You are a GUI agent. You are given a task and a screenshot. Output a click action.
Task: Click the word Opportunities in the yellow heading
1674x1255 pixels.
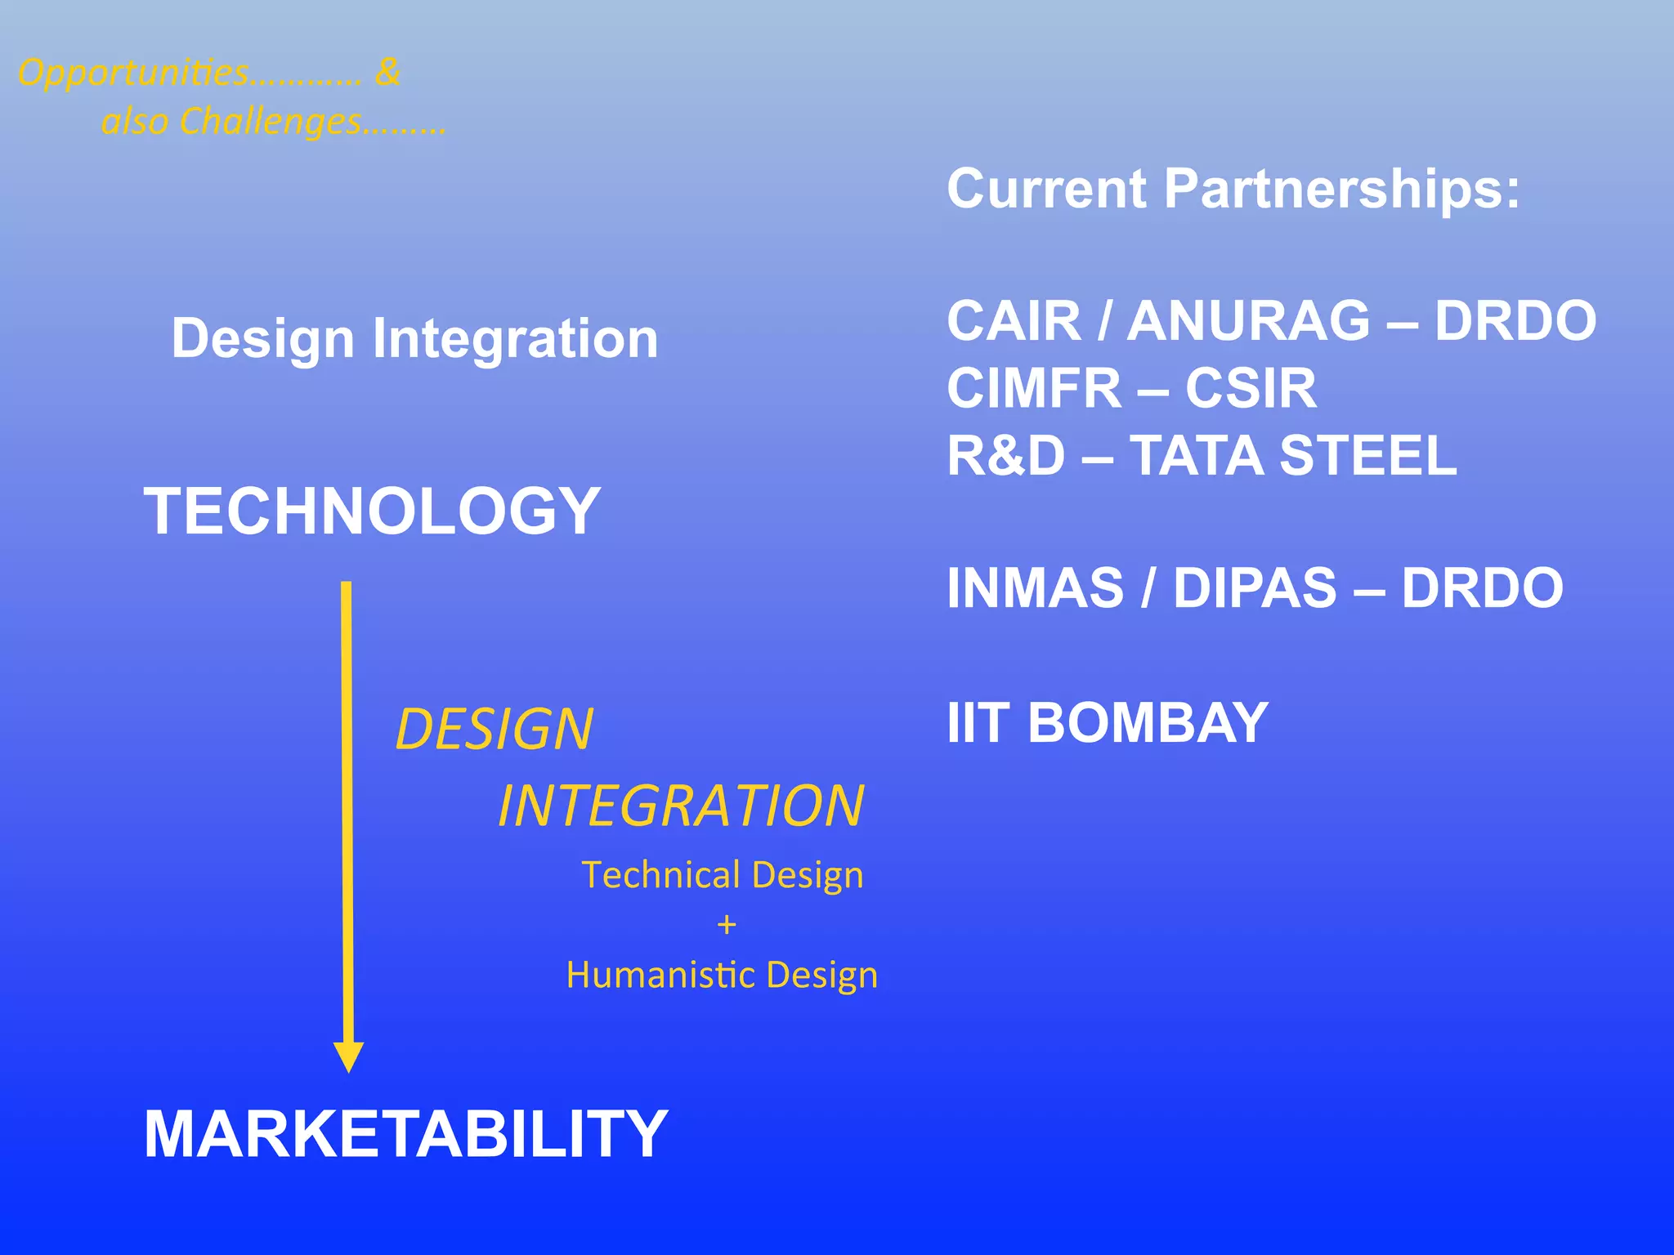133,74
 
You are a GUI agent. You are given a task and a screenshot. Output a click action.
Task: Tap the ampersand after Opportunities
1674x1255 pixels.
387,72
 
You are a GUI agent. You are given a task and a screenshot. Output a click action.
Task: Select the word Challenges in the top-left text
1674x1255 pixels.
270,123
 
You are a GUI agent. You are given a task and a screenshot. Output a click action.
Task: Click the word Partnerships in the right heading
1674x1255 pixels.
1341,189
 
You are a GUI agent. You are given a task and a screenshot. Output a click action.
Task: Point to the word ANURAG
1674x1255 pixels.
1248,320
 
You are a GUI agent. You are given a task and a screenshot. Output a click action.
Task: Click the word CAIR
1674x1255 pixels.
1014,320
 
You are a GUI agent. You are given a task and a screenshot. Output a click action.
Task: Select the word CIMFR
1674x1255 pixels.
1034,388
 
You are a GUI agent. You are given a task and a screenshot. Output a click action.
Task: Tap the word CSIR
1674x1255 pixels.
1251,388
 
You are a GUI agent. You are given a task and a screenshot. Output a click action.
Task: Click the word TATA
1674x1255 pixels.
1197,455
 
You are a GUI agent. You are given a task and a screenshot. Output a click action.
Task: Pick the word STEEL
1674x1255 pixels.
1368,455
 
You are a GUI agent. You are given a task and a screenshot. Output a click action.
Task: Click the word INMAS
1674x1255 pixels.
1035,588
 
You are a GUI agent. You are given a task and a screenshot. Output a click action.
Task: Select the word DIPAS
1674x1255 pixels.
1255,588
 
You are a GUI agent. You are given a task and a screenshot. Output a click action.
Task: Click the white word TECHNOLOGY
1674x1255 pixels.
372,511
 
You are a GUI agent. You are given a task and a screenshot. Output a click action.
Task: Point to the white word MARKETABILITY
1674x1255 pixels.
405,1134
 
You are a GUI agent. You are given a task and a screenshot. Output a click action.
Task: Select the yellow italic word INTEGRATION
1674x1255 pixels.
681,806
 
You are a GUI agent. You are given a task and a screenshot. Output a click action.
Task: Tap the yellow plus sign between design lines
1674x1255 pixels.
726,925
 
